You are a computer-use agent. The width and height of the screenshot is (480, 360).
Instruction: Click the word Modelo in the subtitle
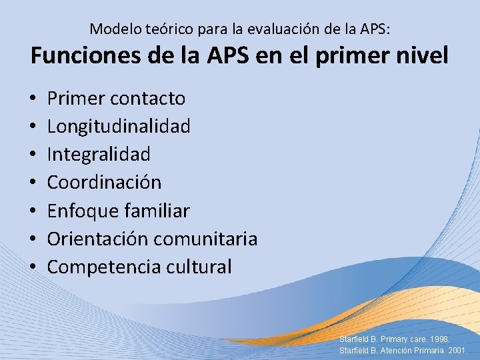click(112, 29)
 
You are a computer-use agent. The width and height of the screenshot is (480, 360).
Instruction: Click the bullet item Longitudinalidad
click(119, 126)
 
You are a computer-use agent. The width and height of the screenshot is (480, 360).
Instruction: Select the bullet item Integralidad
click(99, 154)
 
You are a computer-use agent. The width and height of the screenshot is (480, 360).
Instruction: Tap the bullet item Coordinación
click(104, 182)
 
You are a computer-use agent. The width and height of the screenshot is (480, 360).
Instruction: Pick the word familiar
click(157, 211)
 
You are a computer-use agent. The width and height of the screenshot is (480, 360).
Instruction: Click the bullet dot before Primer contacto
click(33, 99)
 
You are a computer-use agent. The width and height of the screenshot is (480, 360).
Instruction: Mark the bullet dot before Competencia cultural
click(33, 267)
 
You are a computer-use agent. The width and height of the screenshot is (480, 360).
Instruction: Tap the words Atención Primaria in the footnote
click(407, 350)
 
